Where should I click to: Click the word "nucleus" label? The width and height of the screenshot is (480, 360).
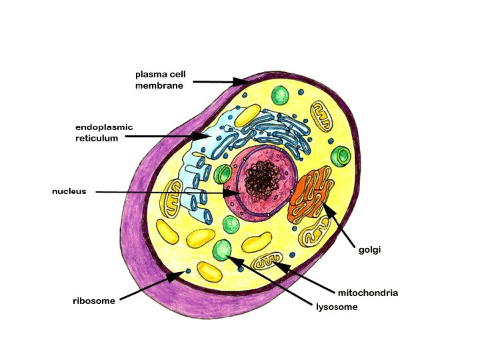[69, 191]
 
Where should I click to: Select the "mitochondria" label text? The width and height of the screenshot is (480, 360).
[367, 293]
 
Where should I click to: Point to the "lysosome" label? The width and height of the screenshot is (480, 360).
[337, 307]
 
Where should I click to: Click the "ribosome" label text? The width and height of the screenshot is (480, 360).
[94, 301]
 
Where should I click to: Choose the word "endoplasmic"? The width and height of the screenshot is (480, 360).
[104, 127]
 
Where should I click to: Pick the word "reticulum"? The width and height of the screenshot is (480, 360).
[97, 138]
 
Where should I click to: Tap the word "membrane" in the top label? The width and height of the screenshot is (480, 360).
[159, 85]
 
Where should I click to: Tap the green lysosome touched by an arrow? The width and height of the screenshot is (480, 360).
[223, 250]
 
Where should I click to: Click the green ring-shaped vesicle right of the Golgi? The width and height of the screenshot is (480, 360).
[343, 157]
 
